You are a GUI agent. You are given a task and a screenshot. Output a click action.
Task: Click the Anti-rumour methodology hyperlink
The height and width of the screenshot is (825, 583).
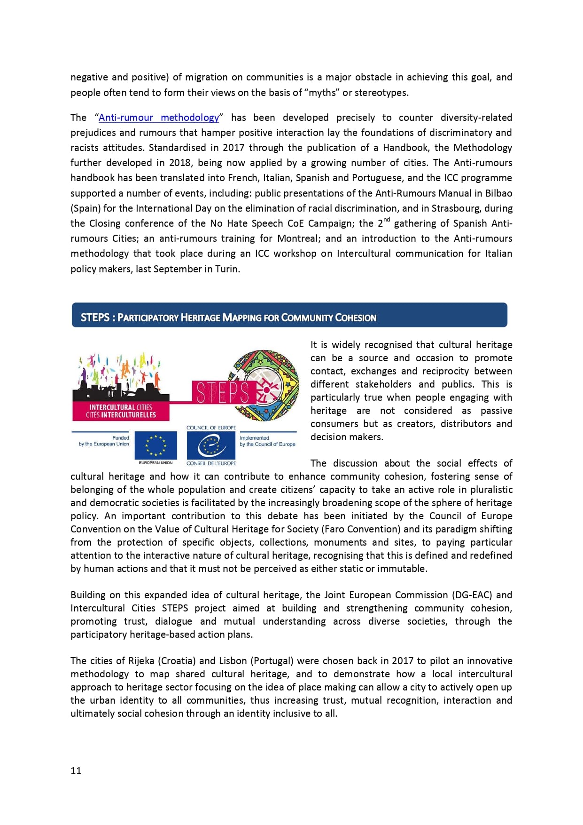click(159, 118)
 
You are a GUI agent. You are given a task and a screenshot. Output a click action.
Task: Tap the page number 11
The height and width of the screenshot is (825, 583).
click(76, 771)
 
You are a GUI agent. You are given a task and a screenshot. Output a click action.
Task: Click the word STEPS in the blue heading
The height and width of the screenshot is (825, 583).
click(95, 317)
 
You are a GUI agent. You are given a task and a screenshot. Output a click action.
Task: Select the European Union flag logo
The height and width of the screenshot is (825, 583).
click(156, 445)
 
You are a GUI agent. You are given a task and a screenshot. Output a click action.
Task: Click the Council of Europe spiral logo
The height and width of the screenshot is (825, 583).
click(211, 445)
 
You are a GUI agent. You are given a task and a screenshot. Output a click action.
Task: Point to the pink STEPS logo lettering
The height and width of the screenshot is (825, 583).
click(222, 392)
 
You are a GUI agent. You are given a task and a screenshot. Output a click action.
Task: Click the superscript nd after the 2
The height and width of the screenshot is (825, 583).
click(387, 220)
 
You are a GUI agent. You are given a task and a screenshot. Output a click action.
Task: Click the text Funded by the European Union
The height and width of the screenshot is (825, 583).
click(104, 441)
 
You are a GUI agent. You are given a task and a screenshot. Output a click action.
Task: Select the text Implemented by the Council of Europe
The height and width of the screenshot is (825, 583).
click(267, 441)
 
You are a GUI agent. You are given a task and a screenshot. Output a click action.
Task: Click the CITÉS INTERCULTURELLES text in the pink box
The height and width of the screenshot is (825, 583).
click(121, 415)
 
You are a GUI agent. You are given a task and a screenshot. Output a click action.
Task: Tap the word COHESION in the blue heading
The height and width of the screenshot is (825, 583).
click(356, 318)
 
